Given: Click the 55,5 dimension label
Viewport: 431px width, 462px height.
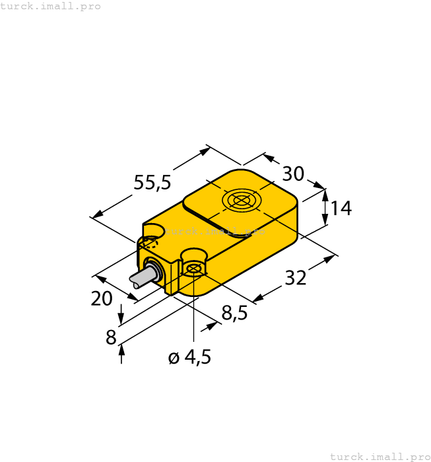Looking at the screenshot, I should (x=152, y=182).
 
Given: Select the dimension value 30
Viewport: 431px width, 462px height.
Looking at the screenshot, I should (x=293, y=174).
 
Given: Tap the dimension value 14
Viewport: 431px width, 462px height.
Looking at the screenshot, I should (x=341, y=209).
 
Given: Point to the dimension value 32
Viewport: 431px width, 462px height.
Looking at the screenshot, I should (x=296, y=279).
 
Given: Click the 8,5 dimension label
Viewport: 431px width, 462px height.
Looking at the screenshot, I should (x=234, y=313).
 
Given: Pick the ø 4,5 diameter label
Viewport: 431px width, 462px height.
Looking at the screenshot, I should (x=189, y=358).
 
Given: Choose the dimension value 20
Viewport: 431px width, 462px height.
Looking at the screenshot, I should (x=102, y=299).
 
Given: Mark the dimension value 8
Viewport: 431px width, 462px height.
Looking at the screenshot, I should (x=111, y=338).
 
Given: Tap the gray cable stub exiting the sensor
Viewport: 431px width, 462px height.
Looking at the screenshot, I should (x=139, y=278).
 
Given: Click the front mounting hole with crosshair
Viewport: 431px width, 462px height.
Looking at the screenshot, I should (x=193, y=268).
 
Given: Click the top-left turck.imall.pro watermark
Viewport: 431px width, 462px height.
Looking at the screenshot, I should (x=51, y=6).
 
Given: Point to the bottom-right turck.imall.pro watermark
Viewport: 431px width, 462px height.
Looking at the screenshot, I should (x=380, y=456).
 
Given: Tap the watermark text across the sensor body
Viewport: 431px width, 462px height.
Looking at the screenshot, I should (x=215, y=231).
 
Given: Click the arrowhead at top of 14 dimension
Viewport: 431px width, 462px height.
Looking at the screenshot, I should (x=325, y=193).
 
